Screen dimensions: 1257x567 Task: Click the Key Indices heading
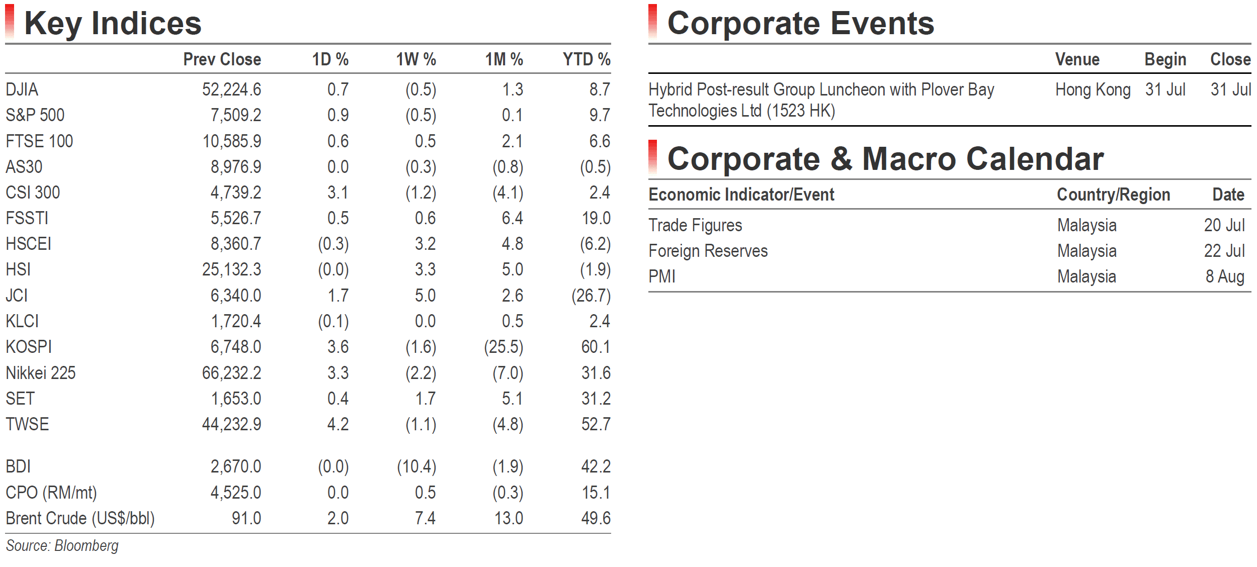pyautogui.click(x=113, y=24)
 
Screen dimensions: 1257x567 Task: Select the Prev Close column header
pyautogui.click(x=222, y=59)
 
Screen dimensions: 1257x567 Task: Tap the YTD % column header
pyautogui.click(x=586, y=59)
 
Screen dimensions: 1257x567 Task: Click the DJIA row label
pyautogui.click(x=22, y=89)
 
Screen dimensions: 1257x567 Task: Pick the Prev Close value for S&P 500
pyautogui.click(x=236, y=115)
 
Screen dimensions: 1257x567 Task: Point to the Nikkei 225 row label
pyautogui.click(x=40, y=373)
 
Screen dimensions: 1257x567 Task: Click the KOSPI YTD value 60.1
pyautogui.click(x=596, y=347)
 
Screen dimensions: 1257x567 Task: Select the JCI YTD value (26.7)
pyautogui.click(x=591, y=296)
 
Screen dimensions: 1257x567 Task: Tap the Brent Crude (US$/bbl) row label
pyautogui.click(x=80, y=518)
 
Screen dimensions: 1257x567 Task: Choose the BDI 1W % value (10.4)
pyautogui.click(x=416, y=467)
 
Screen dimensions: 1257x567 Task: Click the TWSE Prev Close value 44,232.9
pyautogui.click(x=231, y=424)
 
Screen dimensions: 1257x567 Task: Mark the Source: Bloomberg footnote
pyautogui.click(x=62, y=546)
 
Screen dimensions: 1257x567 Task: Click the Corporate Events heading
pyautogui.click(x=801, y=24)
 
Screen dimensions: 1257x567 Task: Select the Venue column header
pyautogui.click(x=1077, y=59)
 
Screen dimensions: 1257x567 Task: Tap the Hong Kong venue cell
pyautogui.click(x=1093, y=90)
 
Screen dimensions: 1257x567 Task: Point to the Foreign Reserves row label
pyautogui.click(x=708, y=251)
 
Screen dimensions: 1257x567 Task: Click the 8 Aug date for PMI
pyautogui.click(x=1225, y=277)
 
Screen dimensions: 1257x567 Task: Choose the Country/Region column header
pyautogui.click(x=1114, y=195)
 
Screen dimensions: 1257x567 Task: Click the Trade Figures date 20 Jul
pyautogui.click(x=1224, y=225)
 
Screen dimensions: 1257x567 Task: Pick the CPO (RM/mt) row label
pyautogui.click(x=51, y=493)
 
